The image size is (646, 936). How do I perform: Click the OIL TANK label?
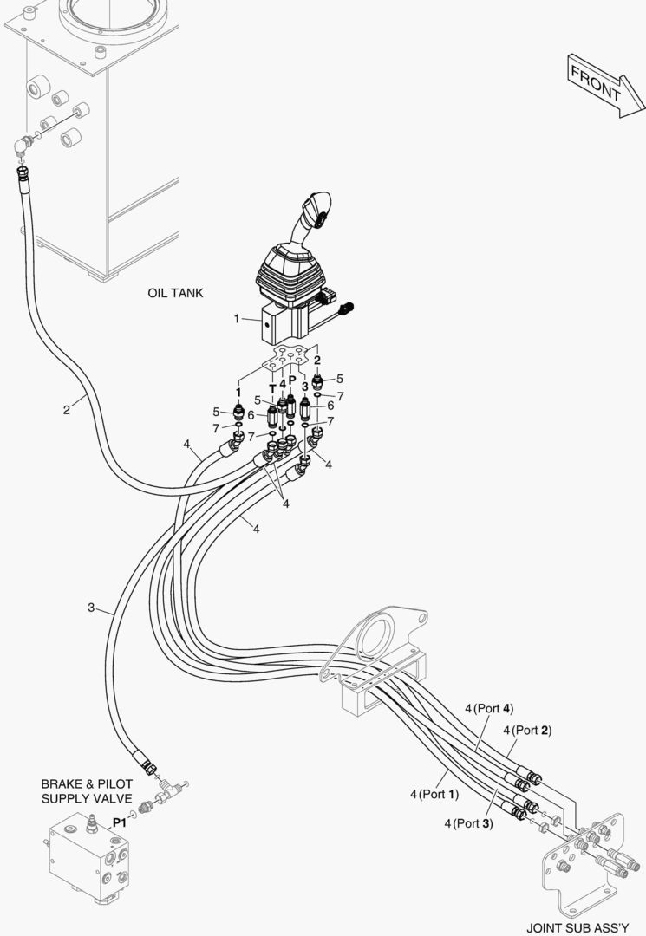pos(175,293)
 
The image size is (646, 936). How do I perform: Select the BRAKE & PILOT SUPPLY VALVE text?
pos(87,790)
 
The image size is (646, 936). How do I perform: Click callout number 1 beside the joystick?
pos(236,318)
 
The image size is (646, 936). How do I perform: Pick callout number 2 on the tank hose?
pos(66,409)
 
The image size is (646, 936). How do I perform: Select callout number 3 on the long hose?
pos(91,608)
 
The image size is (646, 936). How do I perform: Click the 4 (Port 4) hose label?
pos(489,708)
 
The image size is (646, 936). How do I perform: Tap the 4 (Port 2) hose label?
pos(527,730)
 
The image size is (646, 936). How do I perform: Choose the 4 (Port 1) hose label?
pos(434,793)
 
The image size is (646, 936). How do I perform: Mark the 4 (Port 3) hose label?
pos(468,822)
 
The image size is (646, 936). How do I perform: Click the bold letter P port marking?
pos(292,380)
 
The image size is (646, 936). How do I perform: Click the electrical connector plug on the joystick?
pos(348,309)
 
